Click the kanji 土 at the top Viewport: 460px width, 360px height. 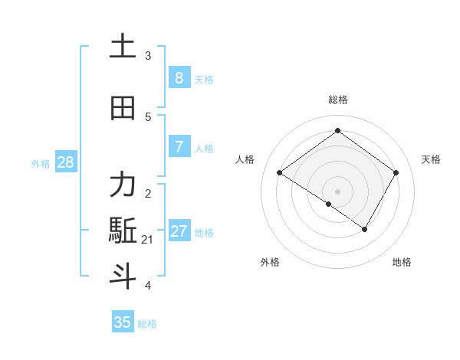tap(123, 47)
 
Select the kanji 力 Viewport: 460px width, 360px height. tap(123, 185)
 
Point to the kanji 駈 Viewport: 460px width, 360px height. tap(123, 231)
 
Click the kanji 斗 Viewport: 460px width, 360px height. tap(123, 276)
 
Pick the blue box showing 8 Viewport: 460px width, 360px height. tap(179, 77)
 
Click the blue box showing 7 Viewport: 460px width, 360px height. tap(179, 146)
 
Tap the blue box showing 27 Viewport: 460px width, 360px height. tap(179, 231)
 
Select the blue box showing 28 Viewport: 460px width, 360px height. tap(65, 162)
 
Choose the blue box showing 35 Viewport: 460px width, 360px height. tap(123, 322)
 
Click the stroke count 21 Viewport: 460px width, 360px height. tap(148, 240)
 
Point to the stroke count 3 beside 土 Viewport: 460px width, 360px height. tap(148, 56)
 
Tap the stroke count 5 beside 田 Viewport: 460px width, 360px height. tap(148, 117)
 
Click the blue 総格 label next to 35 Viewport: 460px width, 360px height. tap(147, 324)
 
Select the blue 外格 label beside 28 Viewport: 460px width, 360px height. tap(40, 163)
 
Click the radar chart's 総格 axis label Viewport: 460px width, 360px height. tap(337, 100)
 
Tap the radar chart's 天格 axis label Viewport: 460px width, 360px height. tap(431, 159)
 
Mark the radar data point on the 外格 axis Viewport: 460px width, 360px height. tap(329, 204)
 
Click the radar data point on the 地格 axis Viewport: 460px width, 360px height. tap(365, 229)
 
